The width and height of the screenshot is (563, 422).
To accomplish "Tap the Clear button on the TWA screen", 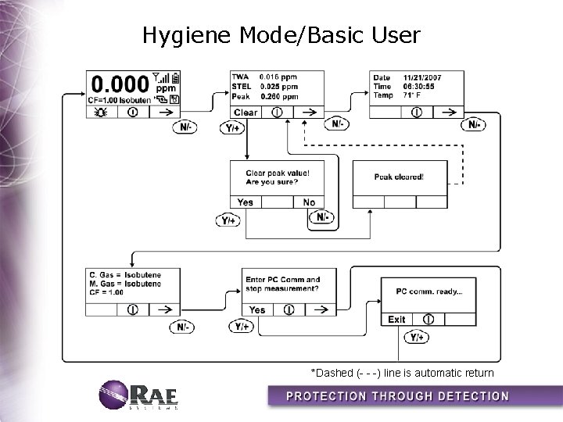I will (245, 113).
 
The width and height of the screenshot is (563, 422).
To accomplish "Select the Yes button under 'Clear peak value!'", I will (245, 202).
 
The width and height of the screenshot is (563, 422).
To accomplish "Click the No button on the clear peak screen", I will (309, 202).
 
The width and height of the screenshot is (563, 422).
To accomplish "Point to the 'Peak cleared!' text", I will (399, 177).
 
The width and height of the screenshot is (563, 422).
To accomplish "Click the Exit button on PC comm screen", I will (396, 320).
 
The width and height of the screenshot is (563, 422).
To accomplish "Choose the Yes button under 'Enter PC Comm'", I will (257, 309).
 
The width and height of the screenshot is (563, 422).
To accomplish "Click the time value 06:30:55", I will (418, 87).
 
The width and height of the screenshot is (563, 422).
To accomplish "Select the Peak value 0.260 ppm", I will (278, 97).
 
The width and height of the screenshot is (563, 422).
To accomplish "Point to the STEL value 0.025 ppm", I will (278, 87).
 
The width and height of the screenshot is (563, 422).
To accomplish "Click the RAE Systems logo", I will (139, 395).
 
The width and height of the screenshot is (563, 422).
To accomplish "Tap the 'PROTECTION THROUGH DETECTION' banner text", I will (398, 395).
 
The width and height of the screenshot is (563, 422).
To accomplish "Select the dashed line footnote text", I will (402, 372).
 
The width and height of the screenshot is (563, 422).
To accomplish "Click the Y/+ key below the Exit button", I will (416, 337).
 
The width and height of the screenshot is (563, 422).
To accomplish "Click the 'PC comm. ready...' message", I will (429, 291).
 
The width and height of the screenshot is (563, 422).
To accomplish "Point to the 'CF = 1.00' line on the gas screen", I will (106, 292).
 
